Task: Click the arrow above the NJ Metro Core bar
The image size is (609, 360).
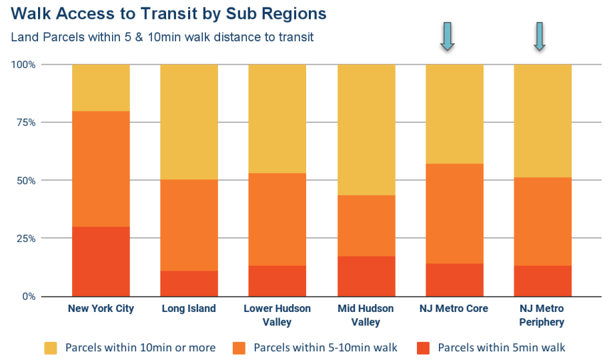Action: [447, 36]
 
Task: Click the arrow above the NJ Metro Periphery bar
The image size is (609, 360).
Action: [540, 36]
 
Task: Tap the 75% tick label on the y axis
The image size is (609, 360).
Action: [25, 123]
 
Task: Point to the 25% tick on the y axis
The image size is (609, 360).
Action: [25, 239]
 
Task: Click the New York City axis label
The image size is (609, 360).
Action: [101, 309]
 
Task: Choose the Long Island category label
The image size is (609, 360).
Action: [189, 309]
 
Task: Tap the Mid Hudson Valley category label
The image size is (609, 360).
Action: [366, 315]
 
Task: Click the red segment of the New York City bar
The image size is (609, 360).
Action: [101, 261]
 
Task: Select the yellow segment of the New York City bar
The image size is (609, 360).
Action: [101, 87]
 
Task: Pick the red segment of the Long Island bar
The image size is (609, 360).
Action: [189, 283]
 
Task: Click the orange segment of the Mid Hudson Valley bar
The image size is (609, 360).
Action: [366, 225]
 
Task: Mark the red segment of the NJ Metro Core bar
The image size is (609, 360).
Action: [454, 280]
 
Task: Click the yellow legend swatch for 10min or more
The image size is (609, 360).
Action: [51, 347]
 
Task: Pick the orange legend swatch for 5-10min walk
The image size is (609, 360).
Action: [239, 347]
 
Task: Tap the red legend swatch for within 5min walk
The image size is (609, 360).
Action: [422, 347]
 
